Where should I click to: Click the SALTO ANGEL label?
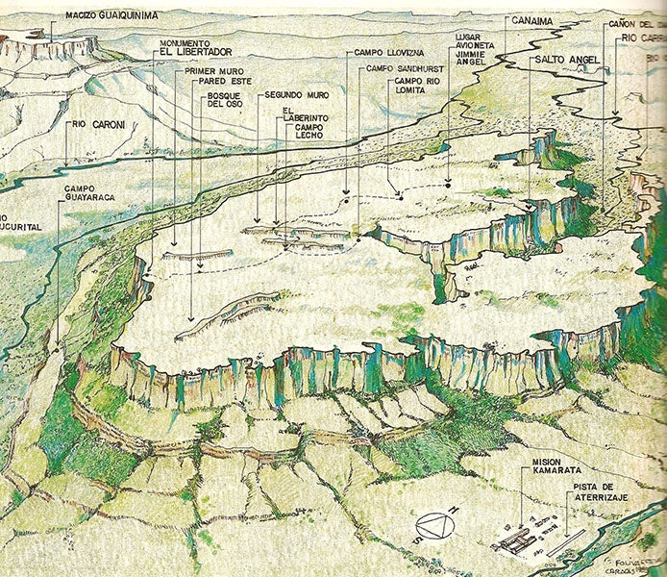point(566,60)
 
